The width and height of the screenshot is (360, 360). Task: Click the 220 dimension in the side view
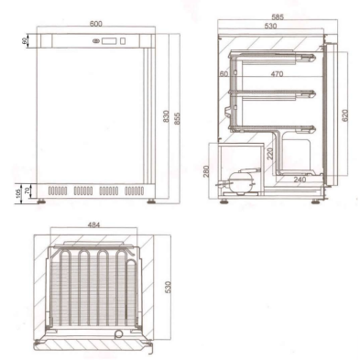click(x=271, y=154)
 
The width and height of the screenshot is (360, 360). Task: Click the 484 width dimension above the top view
click(x=95, y=224)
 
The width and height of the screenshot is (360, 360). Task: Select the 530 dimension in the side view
click(x=268, y=26)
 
